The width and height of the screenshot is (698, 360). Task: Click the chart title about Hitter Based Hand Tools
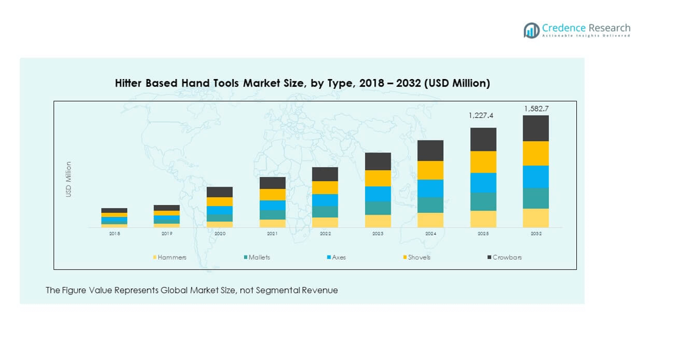pos(302,83)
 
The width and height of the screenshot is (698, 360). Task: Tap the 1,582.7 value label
pos(536,109)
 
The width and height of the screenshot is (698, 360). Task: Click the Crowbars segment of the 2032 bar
pos(536,128)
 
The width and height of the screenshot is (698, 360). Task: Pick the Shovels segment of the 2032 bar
pos(536,153)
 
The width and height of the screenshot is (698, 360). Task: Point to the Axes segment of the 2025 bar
pos(483,182)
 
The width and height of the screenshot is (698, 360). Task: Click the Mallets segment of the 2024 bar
pos(430,205)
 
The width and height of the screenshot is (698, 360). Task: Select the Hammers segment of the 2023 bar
pos(378,221)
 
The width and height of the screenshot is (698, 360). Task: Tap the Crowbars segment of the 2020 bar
pos(220,192)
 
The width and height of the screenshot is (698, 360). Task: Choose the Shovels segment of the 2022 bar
pos(325,187)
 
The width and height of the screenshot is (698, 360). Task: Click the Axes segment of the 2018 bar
pos(114,220)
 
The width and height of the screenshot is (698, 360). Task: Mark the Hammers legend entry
pos(170,257)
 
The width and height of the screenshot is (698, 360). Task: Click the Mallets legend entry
pos(256,257)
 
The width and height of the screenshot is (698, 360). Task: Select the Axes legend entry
pos(336,257)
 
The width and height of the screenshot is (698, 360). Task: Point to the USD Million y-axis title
pos(69,179)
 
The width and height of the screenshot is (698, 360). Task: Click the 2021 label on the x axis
pos(272,234)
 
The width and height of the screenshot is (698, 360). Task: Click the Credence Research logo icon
pos(531,30)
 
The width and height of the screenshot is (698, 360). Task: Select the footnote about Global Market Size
pos(192,291)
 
